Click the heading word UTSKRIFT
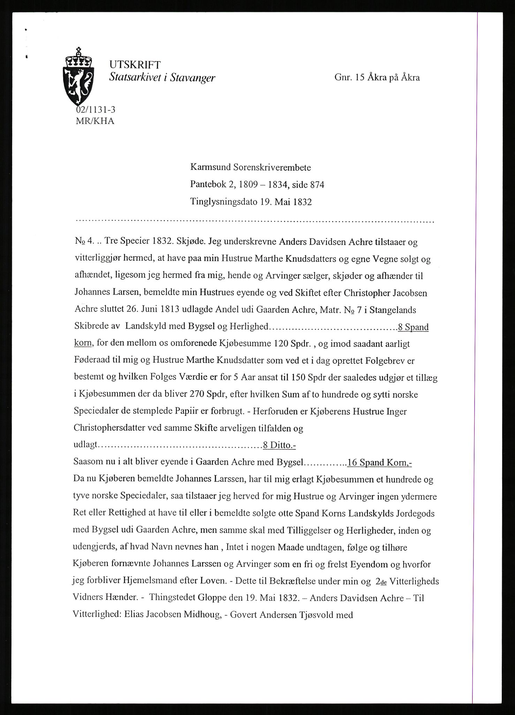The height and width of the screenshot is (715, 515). pyautogui.click(x=135, y=65)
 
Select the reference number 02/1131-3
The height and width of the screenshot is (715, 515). pyautogui.click(x=96, y=110)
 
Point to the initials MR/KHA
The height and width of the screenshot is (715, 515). pyautogui.click(x=94, y=121)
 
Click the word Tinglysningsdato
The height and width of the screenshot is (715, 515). pyautogui.click(x=224, y=202)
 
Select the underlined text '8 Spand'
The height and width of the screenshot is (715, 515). pyautogui.click(x=413, y=327)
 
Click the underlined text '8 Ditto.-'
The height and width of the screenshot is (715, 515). pyautogui.click(x=279, y=445)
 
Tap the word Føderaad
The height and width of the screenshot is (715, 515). pyautogui.click(x=91, y=361)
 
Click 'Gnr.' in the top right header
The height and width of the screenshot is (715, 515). pyautogui.click(x=343, y=78)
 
